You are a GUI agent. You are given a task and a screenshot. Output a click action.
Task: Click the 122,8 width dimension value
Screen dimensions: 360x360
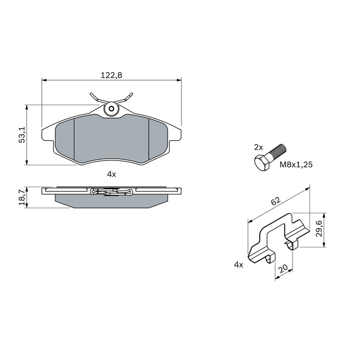[111, 75]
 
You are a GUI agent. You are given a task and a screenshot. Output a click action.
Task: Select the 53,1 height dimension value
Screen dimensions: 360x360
[22, 135]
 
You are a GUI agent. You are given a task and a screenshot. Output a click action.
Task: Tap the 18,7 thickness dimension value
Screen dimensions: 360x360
[22, 198]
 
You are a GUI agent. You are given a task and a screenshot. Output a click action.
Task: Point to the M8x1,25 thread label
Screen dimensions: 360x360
[296, 164]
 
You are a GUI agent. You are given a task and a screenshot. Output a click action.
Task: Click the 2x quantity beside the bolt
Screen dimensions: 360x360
[258, 147]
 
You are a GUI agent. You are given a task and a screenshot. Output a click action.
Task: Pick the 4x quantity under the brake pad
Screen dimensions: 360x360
[112, 174]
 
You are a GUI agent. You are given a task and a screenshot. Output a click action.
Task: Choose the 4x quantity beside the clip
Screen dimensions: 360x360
[238, 265]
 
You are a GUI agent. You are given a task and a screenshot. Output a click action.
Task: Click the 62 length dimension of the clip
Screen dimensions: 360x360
[276, 201]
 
